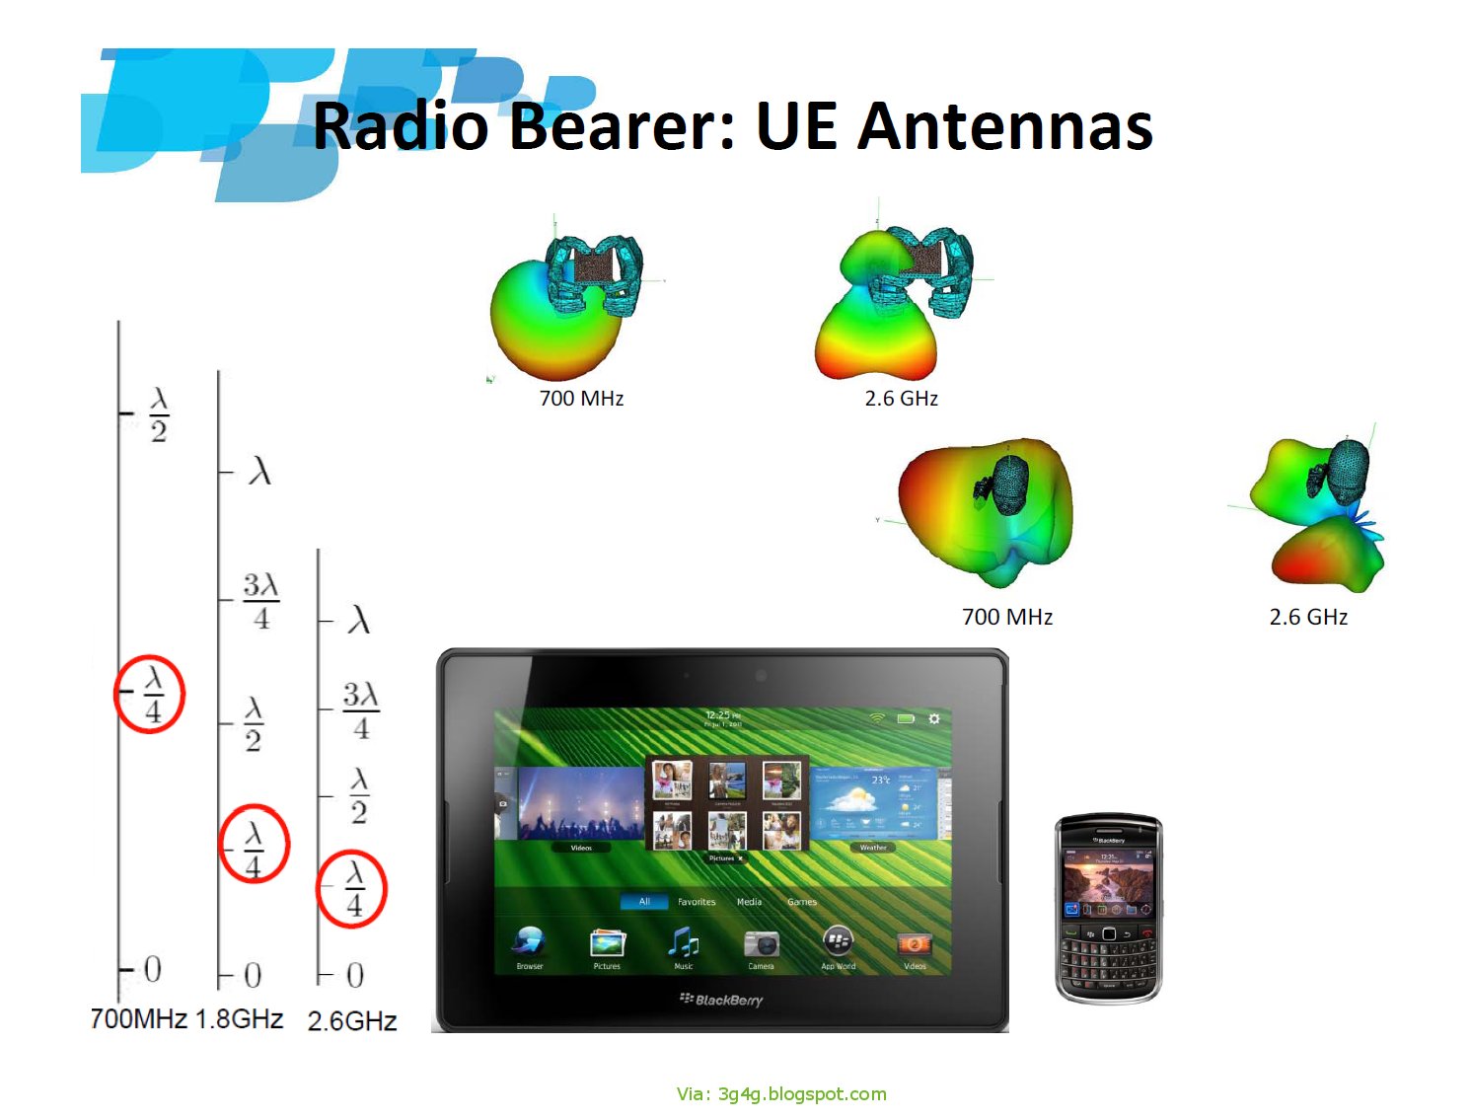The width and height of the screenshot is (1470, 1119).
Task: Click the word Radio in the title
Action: point(401,126)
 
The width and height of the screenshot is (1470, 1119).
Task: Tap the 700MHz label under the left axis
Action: point(138,1018)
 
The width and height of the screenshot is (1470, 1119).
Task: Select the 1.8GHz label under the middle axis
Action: point(240,1018)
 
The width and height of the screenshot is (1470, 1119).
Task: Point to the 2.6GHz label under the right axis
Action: point(352,1021)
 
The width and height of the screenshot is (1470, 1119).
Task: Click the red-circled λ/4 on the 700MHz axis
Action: point(150,693)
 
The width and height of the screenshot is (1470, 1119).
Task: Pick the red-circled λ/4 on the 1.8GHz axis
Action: point(254,844)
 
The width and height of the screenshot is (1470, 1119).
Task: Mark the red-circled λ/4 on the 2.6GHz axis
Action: point(352,888)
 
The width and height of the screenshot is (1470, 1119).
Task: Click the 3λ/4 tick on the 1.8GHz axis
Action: point(261,600)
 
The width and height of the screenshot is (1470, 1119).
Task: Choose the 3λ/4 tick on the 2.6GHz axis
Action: point(361,709)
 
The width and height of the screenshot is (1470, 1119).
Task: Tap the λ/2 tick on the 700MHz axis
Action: point(158,414)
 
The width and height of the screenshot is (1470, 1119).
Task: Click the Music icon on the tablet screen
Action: point(683,944)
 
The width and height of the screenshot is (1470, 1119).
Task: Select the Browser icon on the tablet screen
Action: point(530,944)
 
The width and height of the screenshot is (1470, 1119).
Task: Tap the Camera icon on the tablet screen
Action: point(761,944)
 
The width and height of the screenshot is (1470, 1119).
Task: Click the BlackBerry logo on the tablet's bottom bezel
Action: point(722,1000)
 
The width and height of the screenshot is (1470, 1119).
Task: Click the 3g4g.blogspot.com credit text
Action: point(781,1093)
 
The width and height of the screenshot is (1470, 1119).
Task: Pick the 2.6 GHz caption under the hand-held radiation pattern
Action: point(901,399)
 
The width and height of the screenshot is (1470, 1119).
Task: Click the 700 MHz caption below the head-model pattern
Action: point(1007,618)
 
